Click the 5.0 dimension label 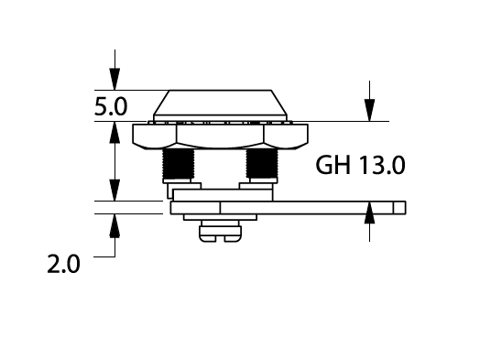(x=111, y=106)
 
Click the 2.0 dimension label (x=63, y=264)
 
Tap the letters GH (x=333, y=165)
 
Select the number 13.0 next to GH (x=382, y=165)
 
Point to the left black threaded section (x=178, y=163)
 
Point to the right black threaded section (x=262, y=163)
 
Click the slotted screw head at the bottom (x=220, y=234)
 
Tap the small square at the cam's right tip (x=399, y=208)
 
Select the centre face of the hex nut (x=220, y=136)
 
